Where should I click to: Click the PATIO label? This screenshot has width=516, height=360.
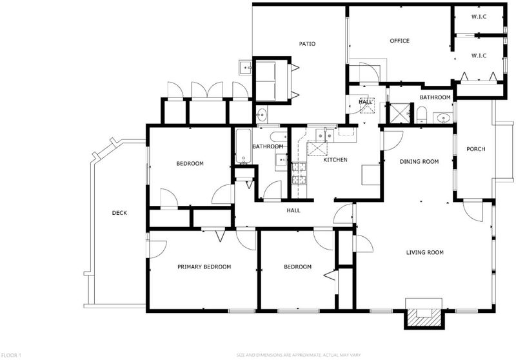coord(307,44)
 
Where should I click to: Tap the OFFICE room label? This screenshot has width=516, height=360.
coord(399,41)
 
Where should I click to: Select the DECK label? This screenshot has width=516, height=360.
coord(119,213)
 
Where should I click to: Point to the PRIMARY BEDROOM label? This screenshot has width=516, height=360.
coord(204,267)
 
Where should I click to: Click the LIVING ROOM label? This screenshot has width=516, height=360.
coord(424,252)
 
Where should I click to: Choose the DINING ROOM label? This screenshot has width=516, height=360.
coord(419,161)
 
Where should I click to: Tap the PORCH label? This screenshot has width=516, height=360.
coord(475,149)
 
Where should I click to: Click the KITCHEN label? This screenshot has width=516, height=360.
coord(335,160)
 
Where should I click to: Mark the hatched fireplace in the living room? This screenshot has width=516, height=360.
coord(423,317)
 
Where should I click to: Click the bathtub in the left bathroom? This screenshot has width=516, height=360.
coord(244,146)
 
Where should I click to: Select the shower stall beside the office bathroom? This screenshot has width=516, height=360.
coord(400,113)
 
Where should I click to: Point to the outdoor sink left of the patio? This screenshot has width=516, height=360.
coord(246,68)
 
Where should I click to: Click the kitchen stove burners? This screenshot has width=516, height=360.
coord(299,174)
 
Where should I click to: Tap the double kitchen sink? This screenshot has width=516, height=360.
coord(325,135)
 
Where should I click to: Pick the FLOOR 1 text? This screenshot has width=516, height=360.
coord(11,355)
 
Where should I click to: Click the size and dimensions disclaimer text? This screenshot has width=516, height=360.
coord(299,355)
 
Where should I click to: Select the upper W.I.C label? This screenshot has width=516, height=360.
coord(479,17)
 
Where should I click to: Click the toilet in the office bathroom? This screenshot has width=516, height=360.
coord(421,114)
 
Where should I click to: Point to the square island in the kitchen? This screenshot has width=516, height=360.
coord(371,175)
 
